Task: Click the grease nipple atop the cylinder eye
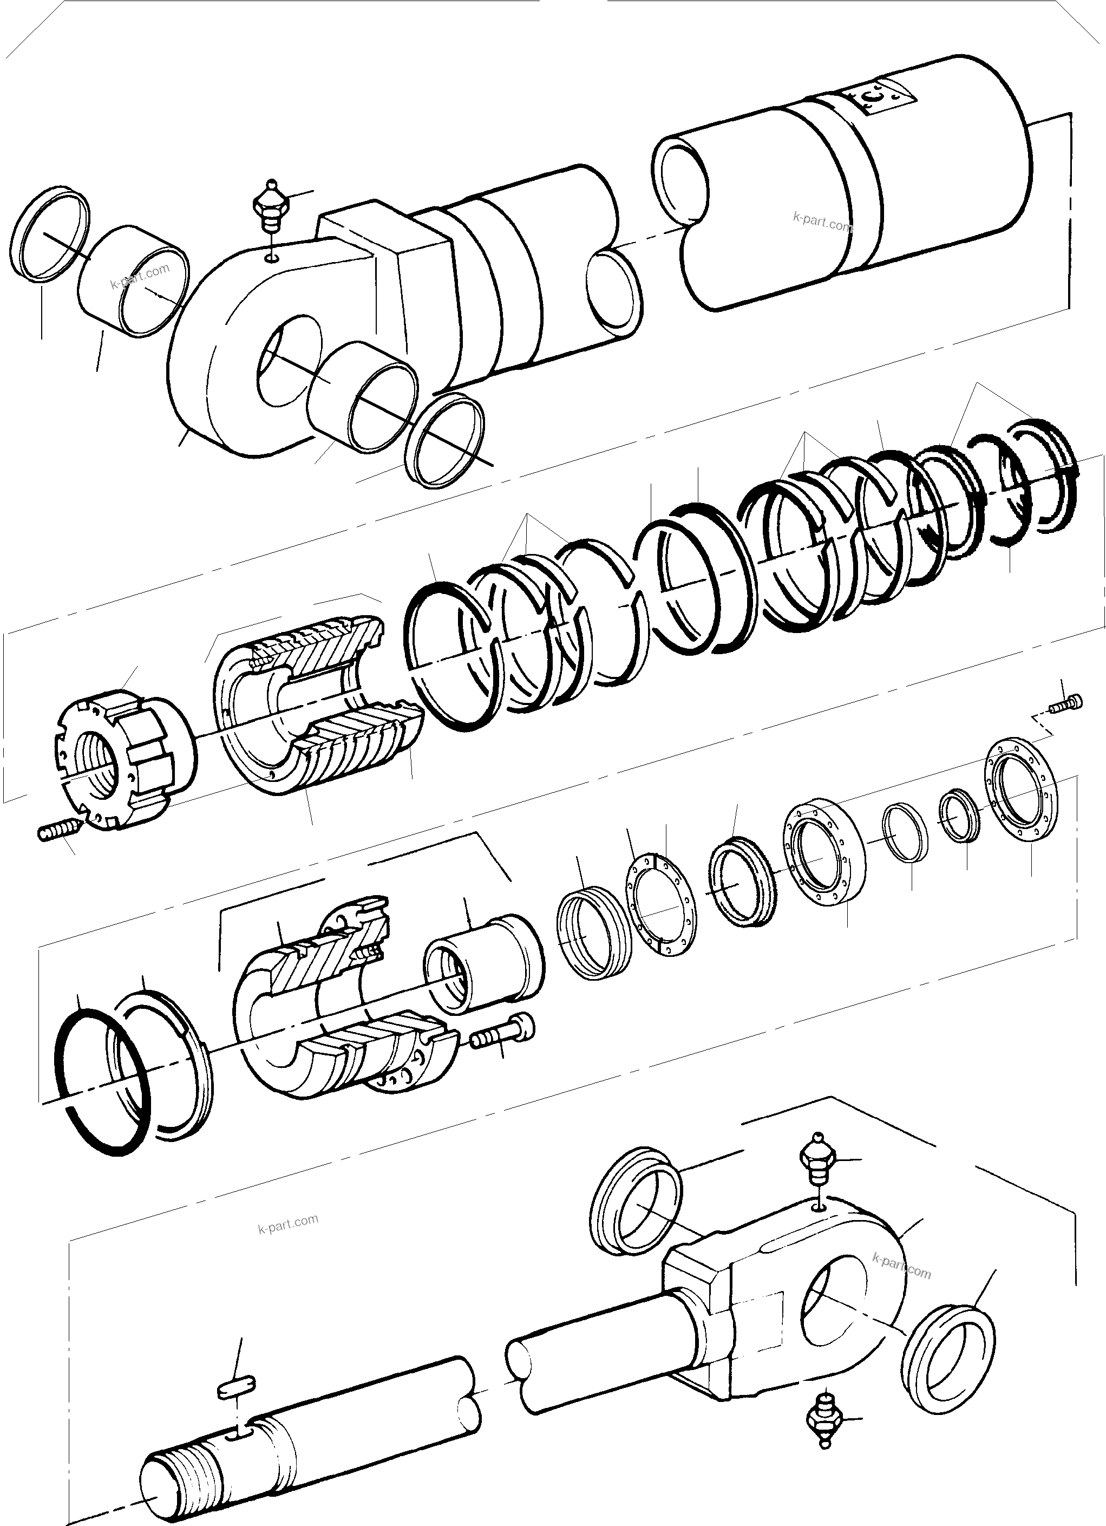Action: click(271, 205)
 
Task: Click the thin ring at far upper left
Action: click(50, 233)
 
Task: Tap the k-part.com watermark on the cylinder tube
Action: click(822, 221)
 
